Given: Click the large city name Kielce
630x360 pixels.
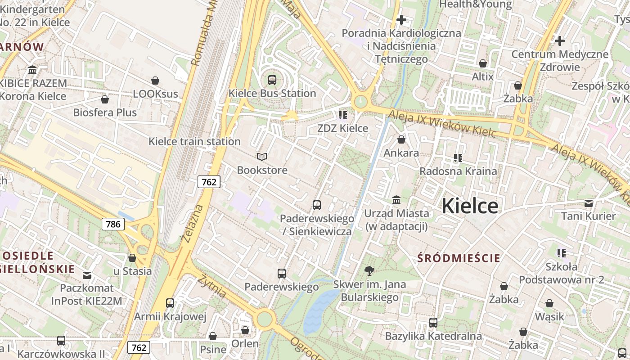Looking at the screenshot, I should point(470,206).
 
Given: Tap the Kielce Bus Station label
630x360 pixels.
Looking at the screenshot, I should point(272,94).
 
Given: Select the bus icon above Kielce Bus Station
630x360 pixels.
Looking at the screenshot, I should point(272,80).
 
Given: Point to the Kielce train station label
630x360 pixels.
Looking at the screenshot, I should point(194,141).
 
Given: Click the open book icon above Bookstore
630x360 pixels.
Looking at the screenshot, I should point(262,157).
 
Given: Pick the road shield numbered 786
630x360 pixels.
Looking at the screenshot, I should point(112,224).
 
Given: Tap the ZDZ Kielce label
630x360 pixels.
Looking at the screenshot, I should point(343,128).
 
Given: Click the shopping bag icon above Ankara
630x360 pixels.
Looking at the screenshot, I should point(401,140).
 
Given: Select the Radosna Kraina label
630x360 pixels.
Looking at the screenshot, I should point(458,171).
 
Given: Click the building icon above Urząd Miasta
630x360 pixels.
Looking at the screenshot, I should point(396,199).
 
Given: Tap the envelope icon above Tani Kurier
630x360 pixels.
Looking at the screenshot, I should point(588,203).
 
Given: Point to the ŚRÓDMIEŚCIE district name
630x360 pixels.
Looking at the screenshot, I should point(459,258).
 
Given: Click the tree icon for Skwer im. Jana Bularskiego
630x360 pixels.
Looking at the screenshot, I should point(369,270).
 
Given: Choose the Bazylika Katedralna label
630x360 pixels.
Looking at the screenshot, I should point(433,336).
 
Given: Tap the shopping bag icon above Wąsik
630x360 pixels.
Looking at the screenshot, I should point(549,304).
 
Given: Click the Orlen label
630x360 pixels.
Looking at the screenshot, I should point(245,344).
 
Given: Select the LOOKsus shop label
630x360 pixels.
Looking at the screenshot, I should point(156,94).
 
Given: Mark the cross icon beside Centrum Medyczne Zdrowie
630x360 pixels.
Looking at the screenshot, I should point(560,41).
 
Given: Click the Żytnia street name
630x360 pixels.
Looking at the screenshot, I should point(211,286).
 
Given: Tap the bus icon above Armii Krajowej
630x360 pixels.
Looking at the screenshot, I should point(170,303).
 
